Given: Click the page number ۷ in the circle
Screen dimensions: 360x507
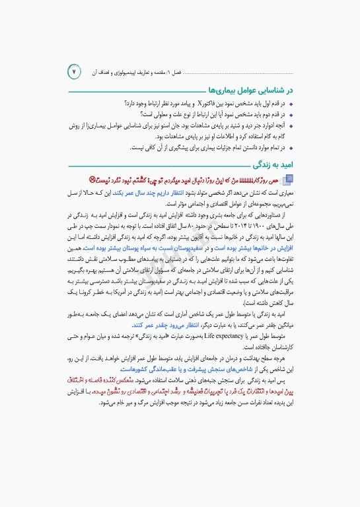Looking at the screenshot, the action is coord(75,71).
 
